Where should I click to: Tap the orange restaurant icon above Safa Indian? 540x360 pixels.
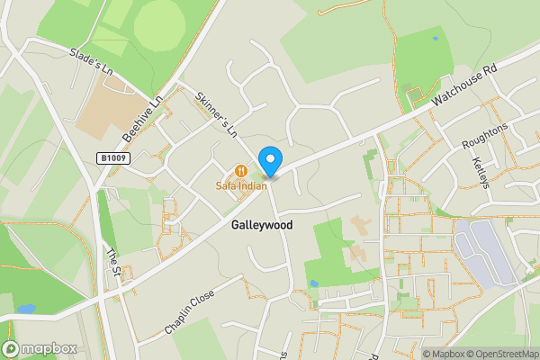click(x=240, y=170)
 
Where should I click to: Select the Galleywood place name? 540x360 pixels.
click(x=262, y=225)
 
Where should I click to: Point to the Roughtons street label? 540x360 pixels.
click(x=484, y=138)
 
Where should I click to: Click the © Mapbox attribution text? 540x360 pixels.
click(x=441, y=354)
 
